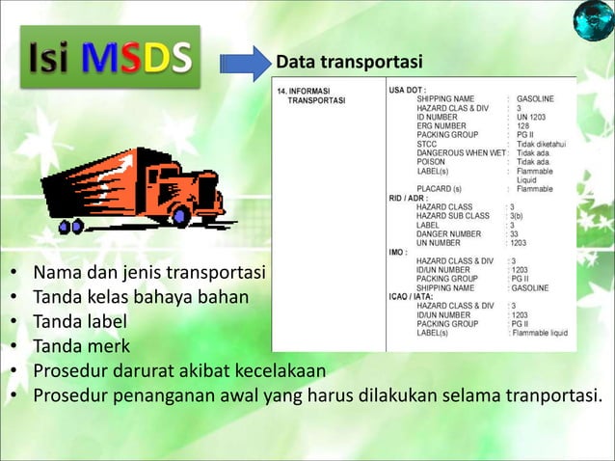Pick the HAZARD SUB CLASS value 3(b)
[518, 215]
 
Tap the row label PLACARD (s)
[439, 188]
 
